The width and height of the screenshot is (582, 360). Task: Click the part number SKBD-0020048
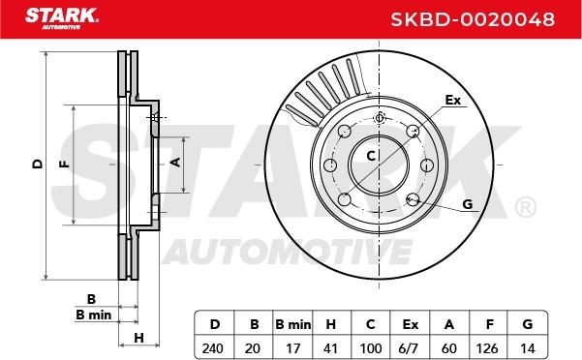click(x=473, y=19)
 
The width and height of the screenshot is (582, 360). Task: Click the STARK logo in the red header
click(x=62, y=18)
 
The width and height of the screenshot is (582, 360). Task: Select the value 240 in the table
click(x=213, y=348)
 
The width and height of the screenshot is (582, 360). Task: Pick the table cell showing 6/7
click(x=410, y=348)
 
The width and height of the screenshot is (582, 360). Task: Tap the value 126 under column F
click(x=487, y=348)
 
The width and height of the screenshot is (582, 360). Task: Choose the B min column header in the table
click(x=292, y=325)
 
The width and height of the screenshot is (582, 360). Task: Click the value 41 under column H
click(x=331, y=348)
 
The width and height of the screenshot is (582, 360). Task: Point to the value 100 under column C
click(x=371, y=348)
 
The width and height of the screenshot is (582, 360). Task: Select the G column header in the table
click(x=527, y=324)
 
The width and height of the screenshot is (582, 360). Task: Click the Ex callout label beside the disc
click(x=453, y=100)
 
